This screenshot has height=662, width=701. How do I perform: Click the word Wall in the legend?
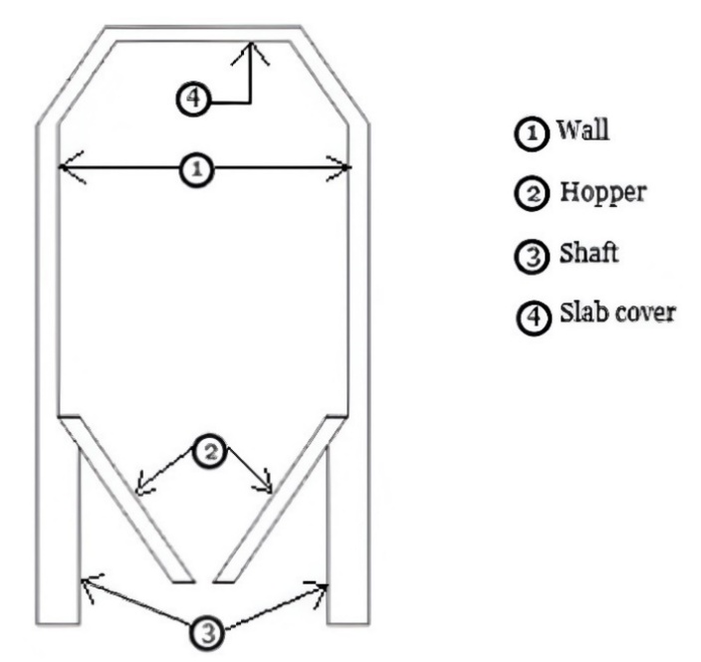583,129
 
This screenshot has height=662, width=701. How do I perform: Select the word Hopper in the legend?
603,193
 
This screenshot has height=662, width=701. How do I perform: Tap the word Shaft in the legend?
588,253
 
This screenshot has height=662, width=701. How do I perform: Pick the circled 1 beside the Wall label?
532,133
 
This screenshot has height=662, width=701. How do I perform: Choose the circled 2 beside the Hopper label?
532,193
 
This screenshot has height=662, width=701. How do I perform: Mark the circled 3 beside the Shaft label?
532,256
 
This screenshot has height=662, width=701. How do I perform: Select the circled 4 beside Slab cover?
534,317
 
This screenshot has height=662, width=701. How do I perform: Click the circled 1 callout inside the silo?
197,170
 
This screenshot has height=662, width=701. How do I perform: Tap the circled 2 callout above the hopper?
210,452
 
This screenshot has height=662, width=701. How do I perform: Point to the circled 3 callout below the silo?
208,633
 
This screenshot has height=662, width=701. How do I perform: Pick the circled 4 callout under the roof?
193,99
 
